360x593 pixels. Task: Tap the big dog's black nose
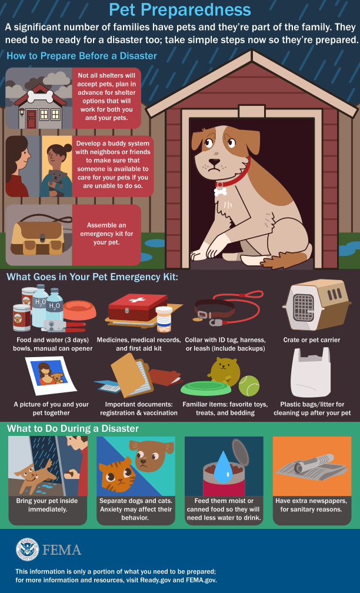pos(215,162)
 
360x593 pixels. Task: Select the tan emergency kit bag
pos(39,237)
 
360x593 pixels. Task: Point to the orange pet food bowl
pos(80,309)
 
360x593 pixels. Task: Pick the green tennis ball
pos(249,385)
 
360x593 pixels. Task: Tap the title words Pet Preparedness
pos(180,10)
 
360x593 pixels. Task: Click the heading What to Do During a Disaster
pos(73,428)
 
